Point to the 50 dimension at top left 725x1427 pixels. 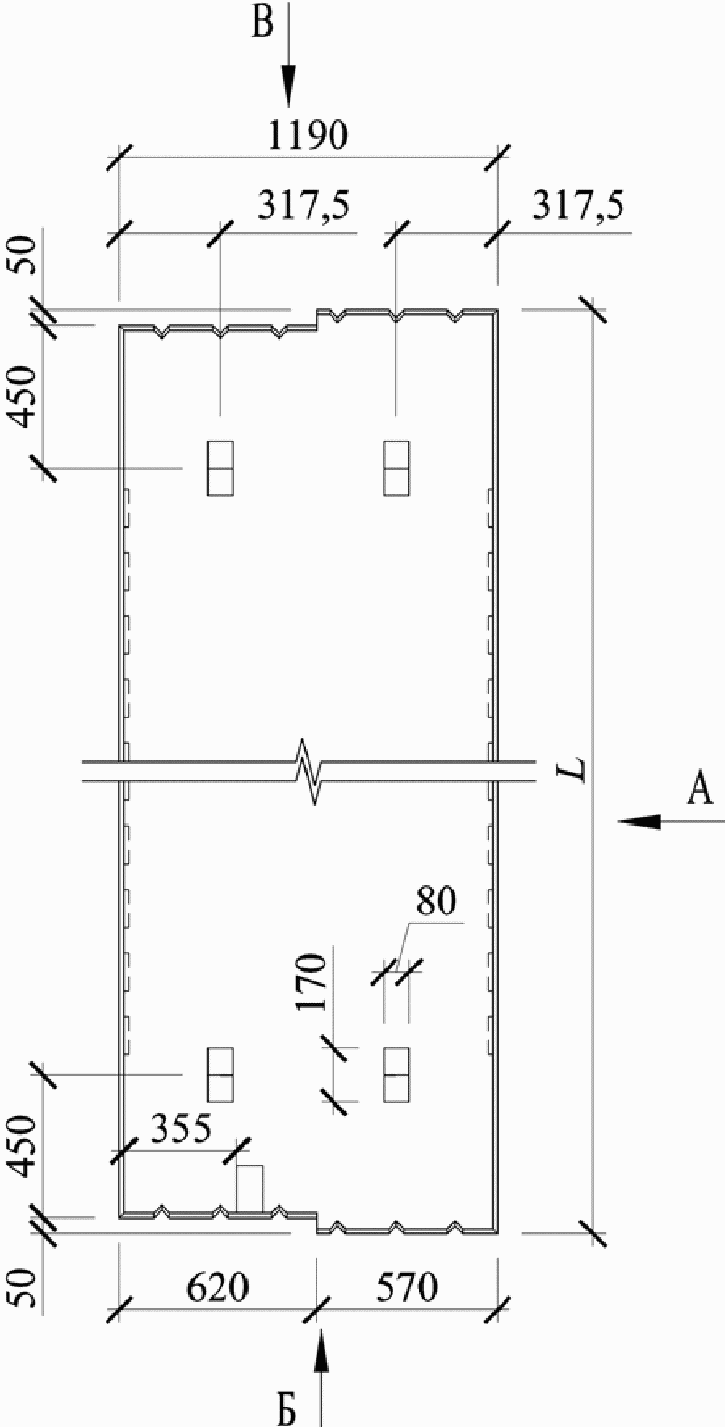pyautogui.click(x=27, y=256)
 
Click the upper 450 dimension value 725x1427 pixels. pyautogui.click(x=27, y=396)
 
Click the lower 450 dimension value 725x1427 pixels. pyautogui.click(x=27, y=1147)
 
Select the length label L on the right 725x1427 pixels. pyautogui.click(x=575, y=771)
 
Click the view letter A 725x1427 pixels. pyautogui.click(x=699, y=789)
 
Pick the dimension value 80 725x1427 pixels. pyautogui.click(x=436, y=902)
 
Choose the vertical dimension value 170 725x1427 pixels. pyautogui.click(x=311, y=982)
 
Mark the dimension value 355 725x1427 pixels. pyautogui.click(x=180, y=1129)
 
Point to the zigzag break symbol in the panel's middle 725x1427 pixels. pyautogui.click(x=311, y=771)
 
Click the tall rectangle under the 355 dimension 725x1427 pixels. pyautogui.click(x=249, y=1189)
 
